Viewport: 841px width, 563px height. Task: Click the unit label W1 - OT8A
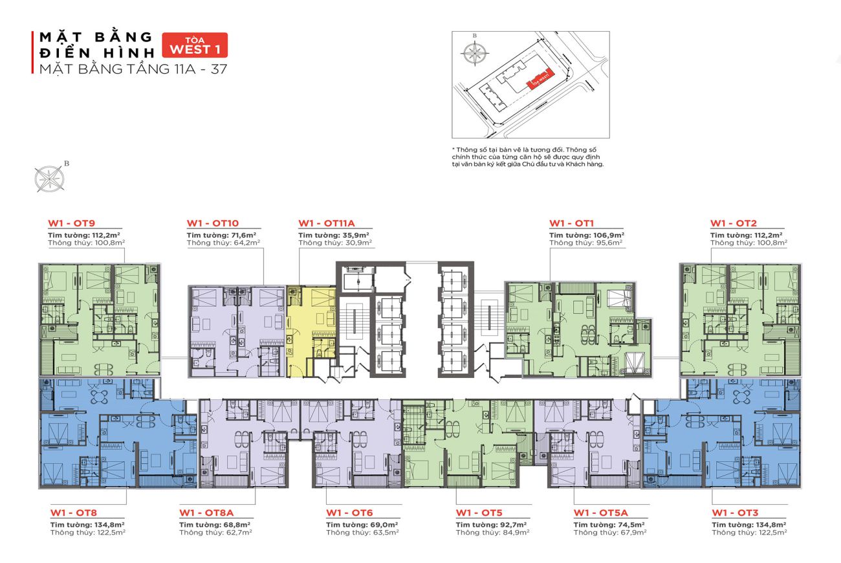pos(206,513)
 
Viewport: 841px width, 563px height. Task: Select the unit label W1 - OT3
pos(736,513)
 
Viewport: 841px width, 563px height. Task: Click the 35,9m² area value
pos(356,234)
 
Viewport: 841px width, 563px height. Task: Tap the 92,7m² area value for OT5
pos(513,524)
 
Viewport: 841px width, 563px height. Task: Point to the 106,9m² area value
pos(609,234)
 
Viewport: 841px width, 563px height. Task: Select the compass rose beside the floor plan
pos(48,178)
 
